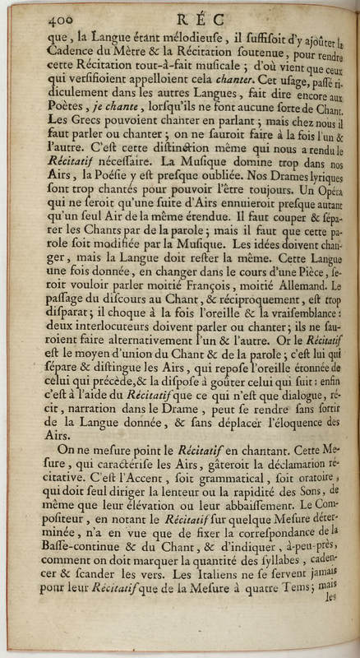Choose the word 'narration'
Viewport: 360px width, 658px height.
(x=96, y=432)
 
